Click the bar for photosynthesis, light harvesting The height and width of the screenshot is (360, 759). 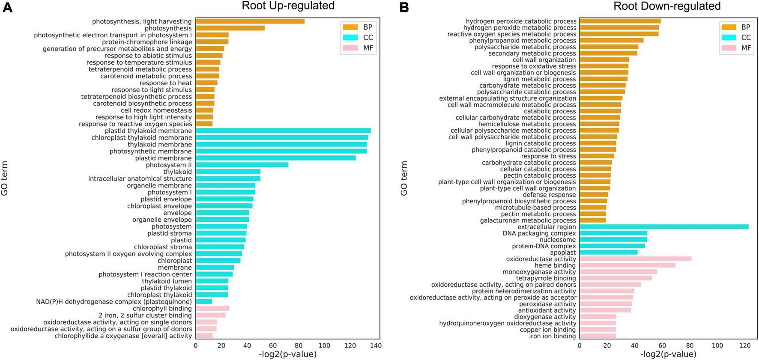point(250,21)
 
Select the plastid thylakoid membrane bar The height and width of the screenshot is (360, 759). point(283,131)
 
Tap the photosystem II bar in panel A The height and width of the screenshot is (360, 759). point(242,165)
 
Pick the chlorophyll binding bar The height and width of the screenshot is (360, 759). point(212,309)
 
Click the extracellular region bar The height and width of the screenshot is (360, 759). point(664,227)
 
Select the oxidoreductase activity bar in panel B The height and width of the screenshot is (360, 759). point(636,259)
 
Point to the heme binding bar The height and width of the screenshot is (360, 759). point(628,265)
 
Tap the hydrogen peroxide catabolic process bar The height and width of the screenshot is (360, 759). point(620,21)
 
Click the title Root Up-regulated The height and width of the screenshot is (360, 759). point(288,6)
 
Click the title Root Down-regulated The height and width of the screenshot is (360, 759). point(667,6)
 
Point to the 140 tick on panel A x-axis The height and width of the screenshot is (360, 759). point(376,346)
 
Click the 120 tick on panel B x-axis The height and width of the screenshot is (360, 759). point(744,346)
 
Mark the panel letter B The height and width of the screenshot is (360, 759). point(404,8)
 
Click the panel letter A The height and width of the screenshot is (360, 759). point(7,8)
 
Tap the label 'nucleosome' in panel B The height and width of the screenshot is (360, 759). point(558,240)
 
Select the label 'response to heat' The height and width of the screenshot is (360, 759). point(166,83)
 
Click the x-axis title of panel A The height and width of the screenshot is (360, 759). point(288,354)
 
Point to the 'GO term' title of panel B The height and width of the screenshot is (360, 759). point(404,179)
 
